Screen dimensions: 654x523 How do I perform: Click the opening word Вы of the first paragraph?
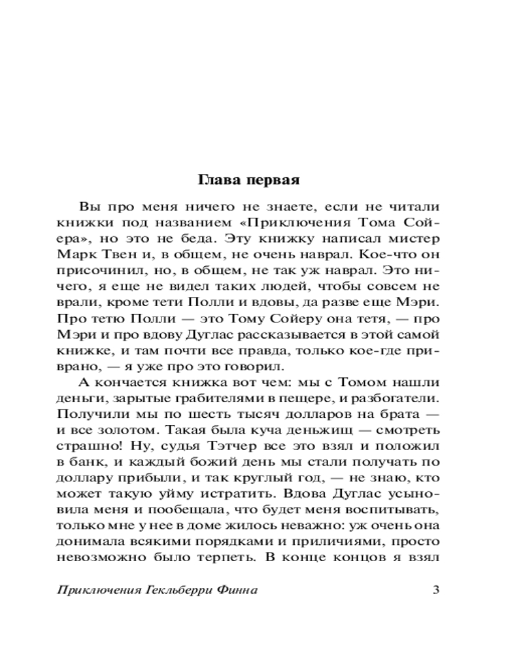(86, 207)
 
